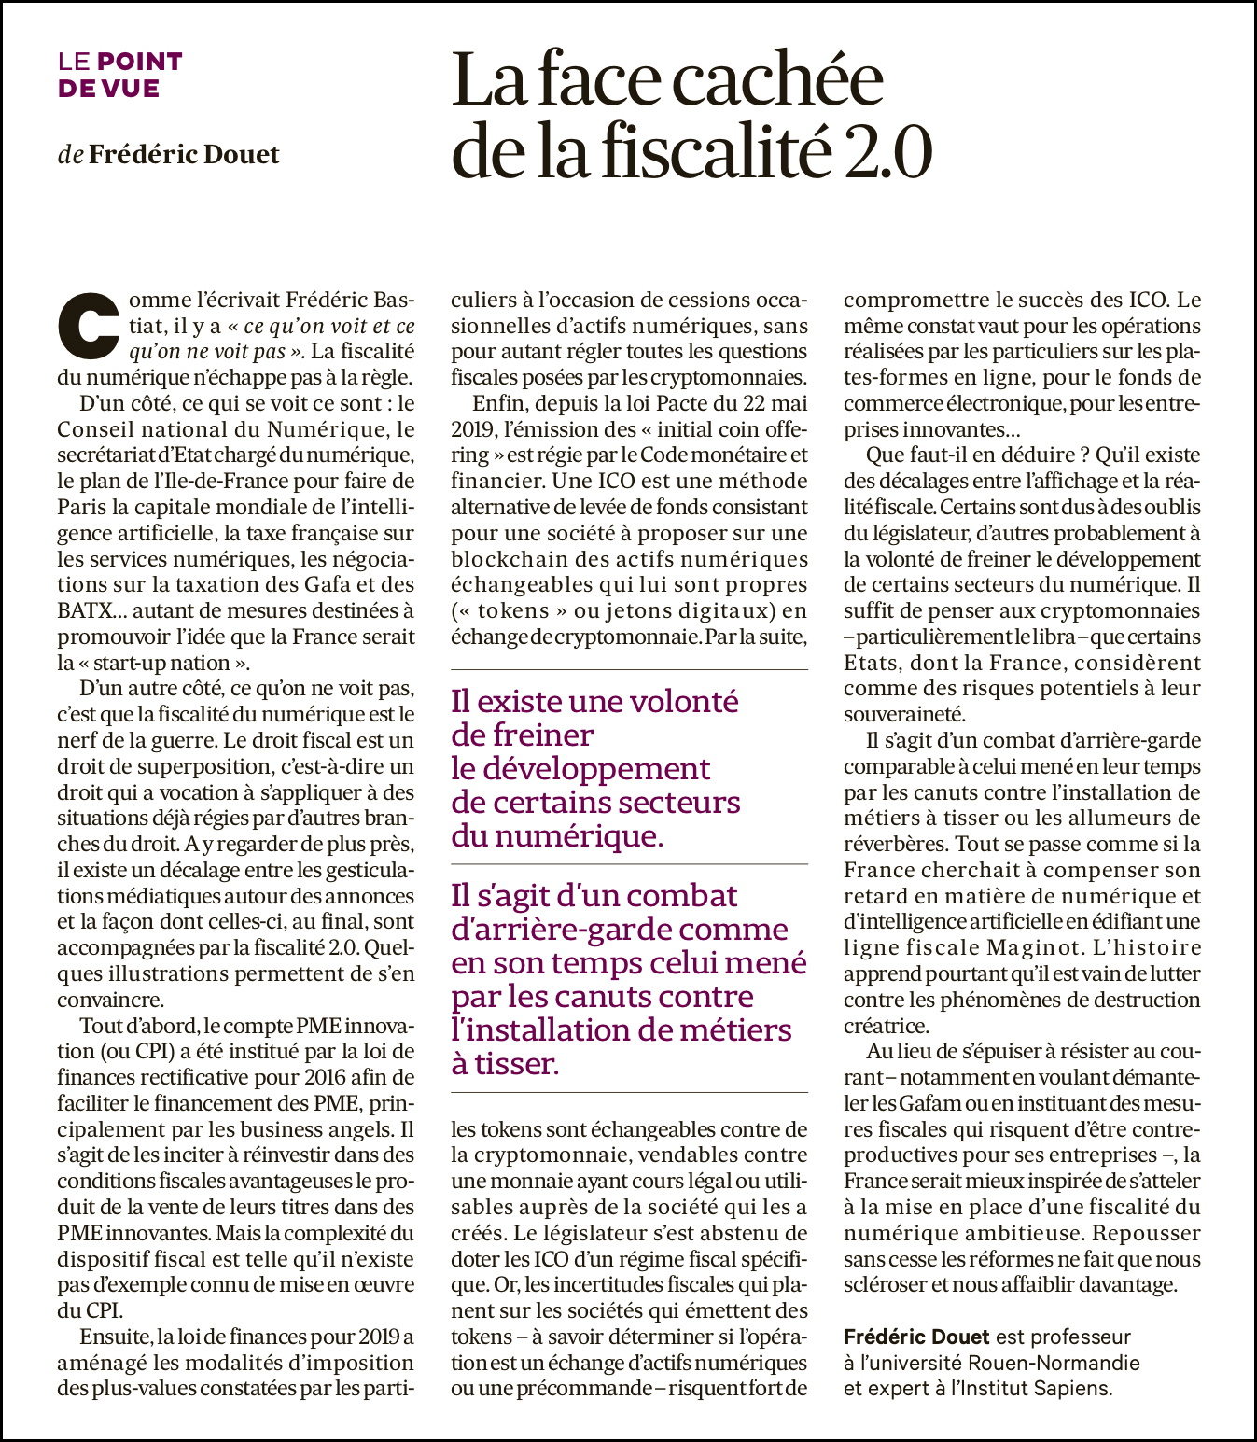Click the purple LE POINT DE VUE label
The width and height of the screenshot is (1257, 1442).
119,75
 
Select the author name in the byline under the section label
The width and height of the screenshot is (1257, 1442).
184,154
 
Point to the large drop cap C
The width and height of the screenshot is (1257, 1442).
91,327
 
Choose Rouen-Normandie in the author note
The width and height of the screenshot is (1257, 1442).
1054,1363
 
